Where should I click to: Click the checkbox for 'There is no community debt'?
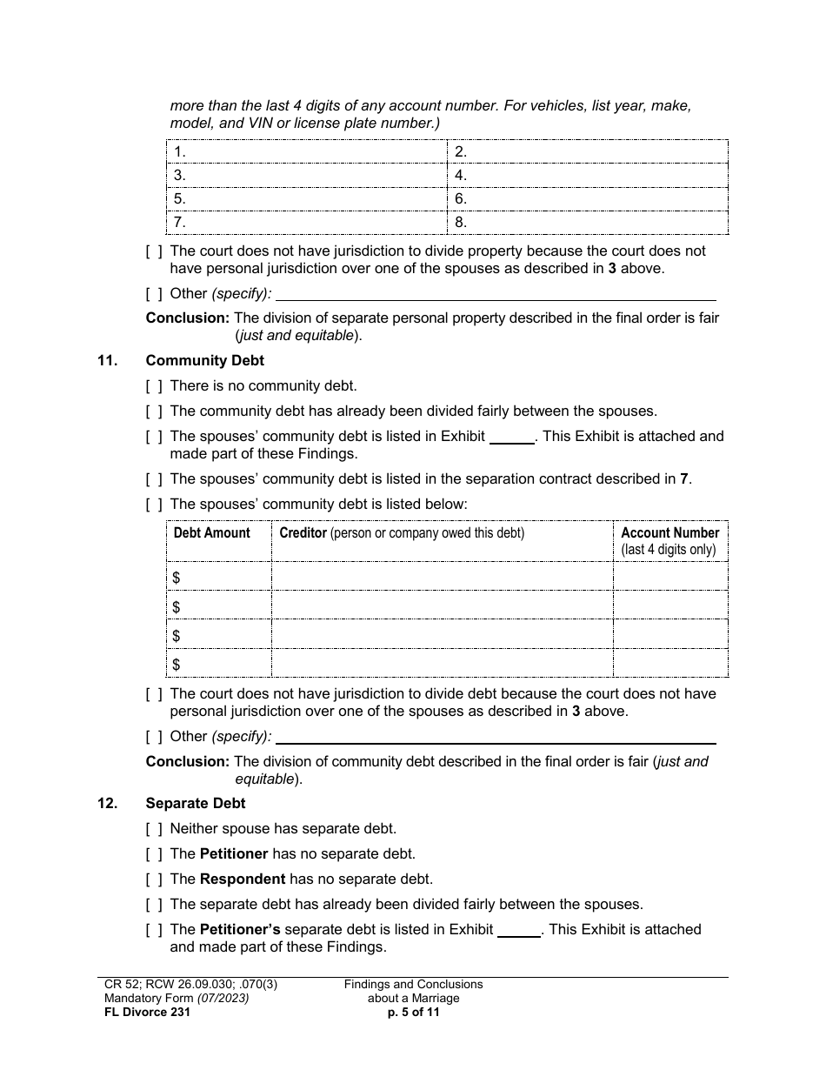(154, 386)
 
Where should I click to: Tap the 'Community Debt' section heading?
(204, 360)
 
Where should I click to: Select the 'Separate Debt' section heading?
(196, 804)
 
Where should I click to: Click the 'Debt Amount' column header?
(211, 533)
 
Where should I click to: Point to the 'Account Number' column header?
(669, 533)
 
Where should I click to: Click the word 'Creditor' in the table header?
(303, 533)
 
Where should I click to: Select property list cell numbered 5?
(306, 199)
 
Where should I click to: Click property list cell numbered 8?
(588, 223)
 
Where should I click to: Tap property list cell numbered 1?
(306, 152)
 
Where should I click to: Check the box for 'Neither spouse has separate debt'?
(154, 829)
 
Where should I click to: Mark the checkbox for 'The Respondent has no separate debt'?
(154, 879)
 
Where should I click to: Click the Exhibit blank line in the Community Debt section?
(512, 438)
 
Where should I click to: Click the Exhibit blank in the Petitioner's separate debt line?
(519, 930)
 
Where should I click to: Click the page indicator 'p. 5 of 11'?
(413, 1012)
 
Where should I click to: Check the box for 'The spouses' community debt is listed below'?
(154, 504)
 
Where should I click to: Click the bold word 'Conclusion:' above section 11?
(188, 318)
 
